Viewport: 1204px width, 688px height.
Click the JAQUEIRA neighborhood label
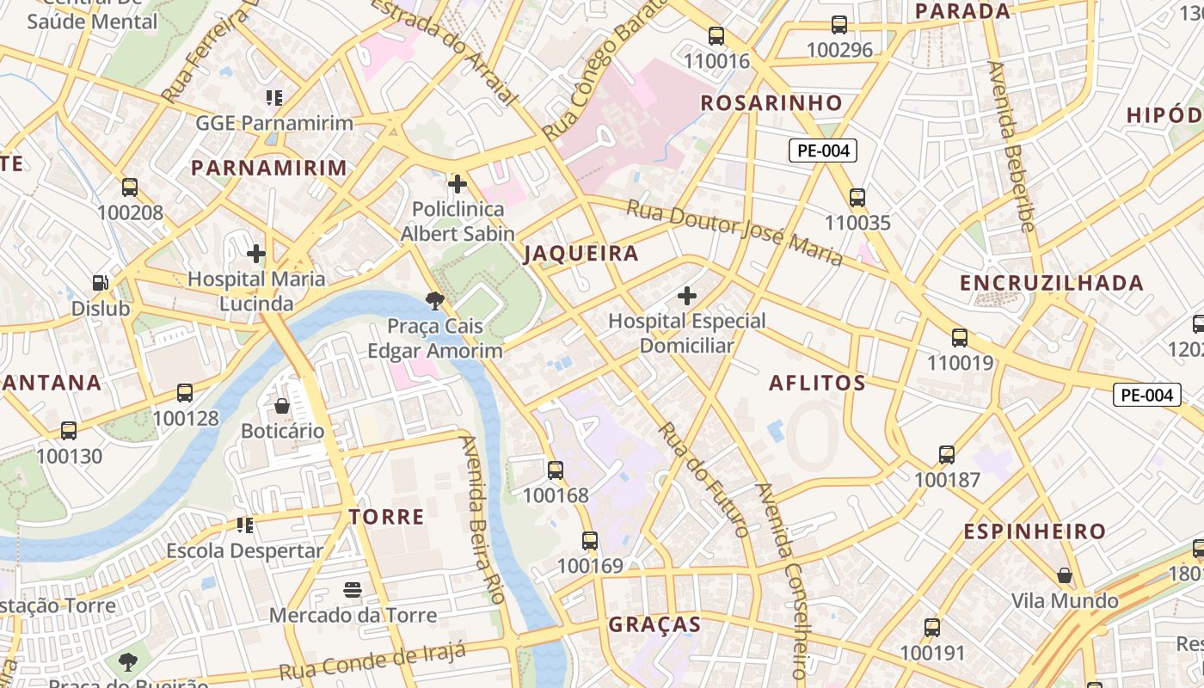click(x=581, y=254)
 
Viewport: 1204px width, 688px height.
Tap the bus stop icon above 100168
click(x=556, y=470)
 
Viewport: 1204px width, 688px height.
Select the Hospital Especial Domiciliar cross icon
click(x=687, y=297)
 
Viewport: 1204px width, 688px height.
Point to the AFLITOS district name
click(x=817, y=384)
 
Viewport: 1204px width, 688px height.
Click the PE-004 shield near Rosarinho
click(x=823, y=151)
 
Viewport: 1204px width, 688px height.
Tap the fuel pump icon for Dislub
click(x=101, y=283)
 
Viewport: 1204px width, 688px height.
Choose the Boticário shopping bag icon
click(x=282, y=406)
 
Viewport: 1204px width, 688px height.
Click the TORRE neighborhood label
click(x=386, y=517)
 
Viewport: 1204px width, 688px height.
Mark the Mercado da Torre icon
click(x=353, y=590)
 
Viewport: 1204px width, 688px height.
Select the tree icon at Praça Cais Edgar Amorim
click(x=435, y=301)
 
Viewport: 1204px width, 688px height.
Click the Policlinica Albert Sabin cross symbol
click(x=458, y=184)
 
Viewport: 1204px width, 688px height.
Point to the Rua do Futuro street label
click(x=703, y=478)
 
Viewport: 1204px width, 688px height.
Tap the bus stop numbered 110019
click(x=960, y=338)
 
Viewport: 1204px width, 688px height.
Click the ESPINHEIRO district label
click(x=1034, y=532)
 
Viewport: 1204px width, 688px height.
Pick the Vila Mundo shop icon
click(x=1065, y=575)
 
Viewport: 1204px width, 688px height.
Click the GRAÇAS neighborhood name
click(x=654, y=625)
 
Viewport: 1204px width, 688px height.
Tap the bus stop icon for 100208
click(x=130, y=187)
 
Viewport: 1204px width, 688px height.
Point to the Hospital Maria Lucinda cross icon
click(x=256, y=254)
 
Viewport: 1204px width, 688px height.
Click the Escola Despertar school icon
click(x=245, y=525)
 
